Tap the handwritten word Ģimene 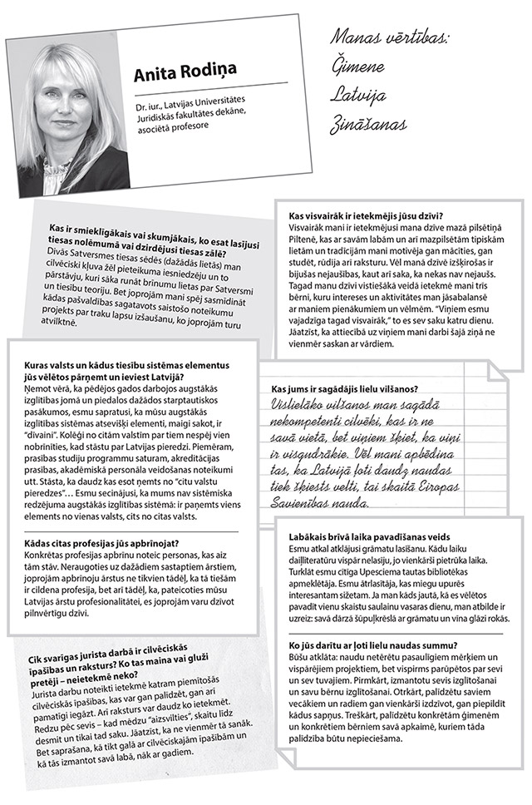pos(363,65)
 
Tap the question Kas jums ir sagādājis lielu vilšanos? pos(344,388)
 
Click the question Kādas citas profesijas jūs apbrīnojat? pos(95,543)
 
